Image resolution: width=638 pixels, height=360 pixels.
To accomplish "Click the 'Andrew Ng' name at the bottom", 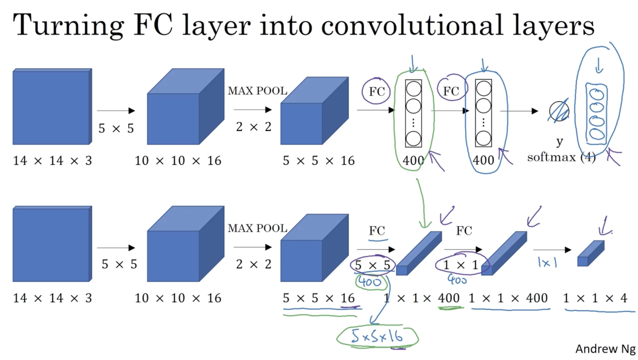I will (x=605, y=349).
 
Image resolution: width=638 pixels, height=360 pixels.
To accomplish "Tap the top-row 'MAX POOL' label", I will (x=258, y=91).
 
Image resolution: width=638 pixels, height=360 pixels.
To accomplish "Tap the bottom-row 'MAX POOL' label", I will (x=258, y=228).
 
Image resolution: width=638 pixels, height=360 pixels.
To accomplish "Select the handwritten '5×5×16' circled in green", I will (x=377, y=336).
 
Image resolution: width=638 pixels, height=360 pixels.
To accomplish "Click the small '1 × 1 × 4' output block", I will (x=590, y=254).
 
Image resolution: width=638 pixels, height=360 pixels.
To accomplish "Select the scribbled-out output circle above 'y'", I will (x=559, y=111).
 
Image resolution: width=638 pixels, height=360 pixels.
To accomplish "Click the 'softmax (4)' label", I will (x=561, y=157).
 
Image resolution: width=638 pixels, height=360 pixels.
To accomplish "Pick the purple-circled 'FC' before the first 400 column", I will (x=376, y=91).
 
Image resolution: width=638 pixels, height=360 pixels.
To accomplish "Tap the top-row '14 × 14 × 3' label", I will (x=52, y=161).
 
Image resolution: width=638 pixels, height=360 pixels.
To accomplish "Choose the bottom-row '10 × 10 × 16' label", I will (x=178, y=298).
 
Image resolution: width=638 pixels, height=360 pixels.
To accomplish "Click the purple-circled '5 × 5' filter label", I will (x=372, y=265).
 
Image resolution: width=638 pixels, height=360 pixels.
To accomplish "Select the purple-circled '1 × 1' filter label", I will (x=460, y=265).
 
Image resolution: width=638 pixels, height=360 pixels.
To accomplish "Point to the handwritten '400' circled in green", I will (x=370, y=282).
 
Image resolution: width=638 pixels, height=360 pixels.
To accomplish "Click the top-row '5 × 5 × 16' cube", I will (x=314, y=111).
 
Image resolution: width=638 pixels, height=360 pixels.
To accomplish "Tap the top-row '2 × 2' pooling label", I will (x=253, y=127).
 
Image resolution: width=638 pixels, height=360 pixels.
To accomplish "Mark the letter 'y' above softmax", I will (x=559, y=141).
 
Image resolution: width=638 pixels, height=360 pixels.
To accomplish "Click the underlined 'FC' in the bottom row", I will (x=377, y=231).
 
